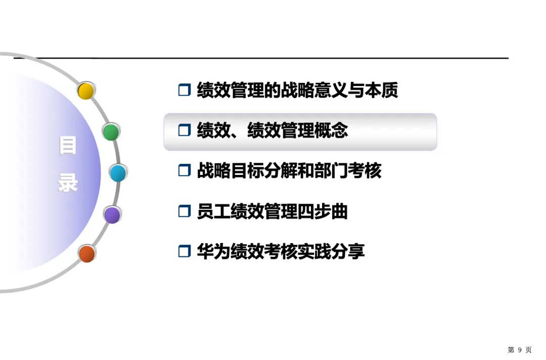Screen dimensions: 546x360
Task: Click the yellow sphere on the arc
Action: (x=86, y=91)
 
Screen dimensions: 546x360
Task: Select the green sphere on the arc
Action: (x=111, y=132)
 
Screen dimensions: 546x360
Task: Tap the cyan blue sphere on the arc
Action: (x=118, y=173)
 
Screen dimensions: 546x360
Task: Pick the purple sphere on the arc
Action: (x=112, y=215)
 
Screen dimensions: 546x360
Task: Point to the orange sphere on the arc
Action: (x=87, y=253)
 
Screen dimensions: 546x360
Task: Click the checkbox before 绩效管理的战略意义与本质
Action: (x=184, y=91)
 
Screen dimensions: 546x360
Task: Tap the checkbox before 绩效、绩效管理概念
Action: (x=184, y=131)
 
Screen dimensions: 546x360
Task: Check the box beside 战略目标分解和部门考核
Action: (x=184, y=171)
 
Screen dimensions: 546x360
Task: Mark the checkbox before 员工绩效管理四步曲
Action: (x=184, y=211)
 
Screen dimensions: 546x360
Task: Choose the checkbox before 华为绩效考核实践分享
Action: (x=184, y=251)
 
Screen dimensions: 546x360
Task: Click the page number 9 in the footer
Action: (x=519, y=350)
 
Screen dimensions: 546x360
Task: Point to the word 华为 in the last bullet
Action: (x=213, y=251)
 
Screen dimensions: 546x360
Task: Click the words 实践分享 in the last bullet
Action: (x=331, y=251)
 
